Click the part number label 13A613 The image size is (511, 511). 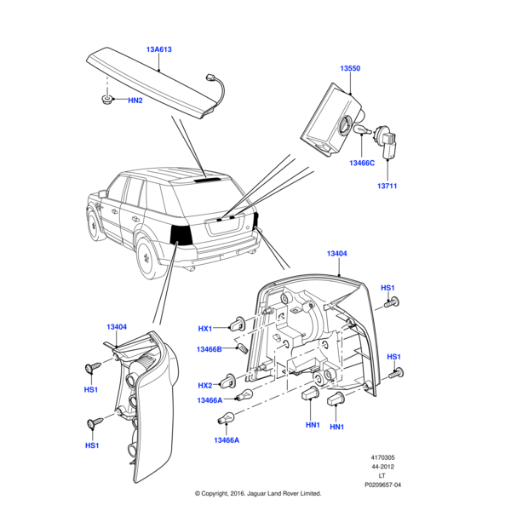click(x=159, y=49)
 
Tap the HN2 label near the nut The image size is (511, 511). click(x=135, y=100)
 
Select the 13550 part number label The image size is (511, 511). click(x=350, y=66)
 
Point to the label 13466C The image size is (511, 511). click(x=361, y=163)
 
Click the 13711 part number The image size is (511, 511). click(x=388, y=186)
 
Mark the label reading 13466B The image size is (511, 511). click(x=210, y=349)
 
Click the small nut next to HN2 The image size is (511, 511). click(x=108, y=101)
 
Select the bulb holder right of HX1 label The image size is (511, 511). click(x=239, y=324)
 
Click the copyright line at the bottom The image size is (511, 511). click(x=257, y=493)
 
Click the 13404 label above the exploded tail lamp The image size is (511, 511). click(x=337, y=254)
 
